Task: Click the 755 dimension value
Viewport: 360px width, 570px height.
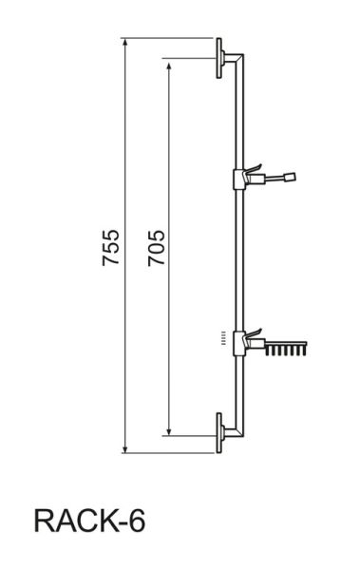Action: tap(111, 247)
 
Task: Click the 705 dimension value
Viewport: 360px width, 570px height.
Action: tap(157, 248)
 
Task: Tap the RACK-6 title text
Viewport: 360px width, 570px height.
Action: tap(89, 521)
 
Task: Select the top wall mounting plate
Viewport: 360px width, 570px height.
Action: tap(218, 58)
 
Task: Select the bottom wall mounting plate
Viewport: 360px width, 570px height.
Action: tap(218, 433)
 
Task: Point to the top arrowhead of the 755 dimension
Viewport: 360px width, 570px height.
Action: tap(124, 42)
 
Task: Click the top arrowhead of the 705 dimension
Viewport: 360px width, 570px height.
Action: tap(168, 66)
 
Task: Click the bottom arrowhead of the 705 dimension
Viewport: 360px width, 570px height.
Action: tap(168, 431)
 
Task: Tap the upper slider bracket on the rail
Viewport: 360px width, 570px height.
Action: tap(239, 180)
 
